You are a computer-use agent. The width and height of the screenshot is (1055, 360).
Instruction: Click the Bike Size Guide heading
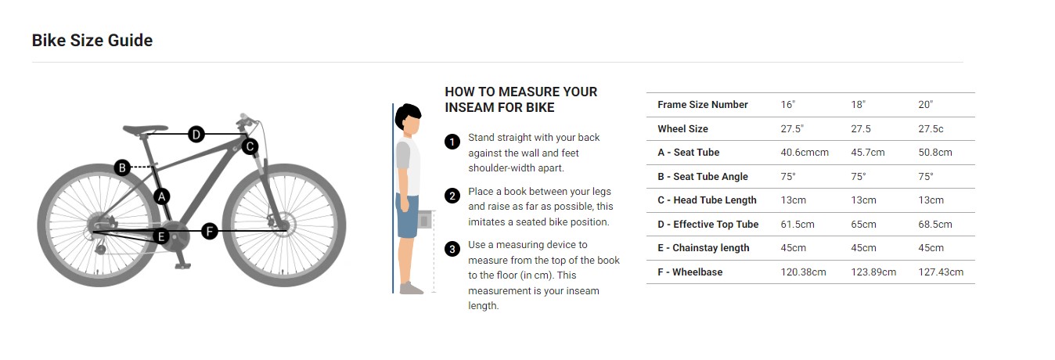[92, 41]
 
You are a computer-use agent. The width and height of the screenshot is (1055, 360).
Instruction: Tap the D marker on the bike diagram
[196, 135]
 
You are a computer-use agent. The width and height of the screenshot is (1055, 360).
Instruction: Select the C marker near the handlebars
[250, 146]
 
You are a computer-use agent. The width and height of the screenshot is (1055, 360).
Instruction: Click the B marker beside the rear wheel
[122, 167]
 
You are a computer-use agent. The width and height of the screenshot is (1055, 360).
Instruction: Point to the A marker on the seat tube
[162, 196]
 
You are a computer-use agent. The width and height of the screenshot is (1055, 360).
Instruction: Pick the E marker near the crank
[161, 236]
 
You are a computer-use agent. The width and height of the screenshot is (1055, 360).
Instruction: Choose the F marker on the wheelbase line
[210, 231]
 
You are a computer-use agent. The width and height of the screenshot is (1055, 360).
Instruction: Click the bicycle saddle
[145, 129]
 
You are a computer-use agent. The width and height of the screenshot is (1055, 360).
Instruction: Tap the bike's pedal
[183, 266]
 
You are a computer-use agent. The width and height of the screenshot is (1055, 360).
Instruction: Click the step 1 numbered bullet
[452, 142]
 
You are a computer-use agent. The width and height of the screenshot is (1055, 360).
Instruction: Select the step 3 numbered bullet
[452, 249]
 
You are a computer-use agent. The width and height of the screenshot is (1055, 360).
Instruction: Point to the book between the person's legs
[425, 220]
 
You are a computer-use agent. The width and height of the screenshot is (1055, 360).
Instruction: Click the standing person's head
[409, 118]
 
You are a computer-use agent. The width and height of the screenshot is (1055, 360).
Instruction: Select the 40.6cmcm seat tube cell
[805, 153]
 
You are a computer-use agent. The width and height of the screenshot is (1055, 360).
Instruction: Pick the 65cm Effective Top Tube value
[863, 225]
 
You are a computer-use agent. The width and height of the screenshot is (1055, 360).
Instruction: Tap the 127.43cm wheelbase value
[941, 272]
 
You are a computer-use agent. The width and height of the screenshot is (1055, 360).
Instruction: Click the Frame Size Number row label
[702, 105]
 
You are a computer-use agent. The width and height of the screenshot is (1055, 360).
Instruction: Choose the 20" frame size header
[925, 105]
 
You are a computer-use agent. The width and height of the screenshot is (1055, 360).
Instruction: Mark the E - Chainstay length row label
[703, 248]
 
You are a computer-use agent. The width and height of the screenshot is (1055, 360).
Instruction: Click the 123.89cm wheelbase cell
[873, 272]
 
